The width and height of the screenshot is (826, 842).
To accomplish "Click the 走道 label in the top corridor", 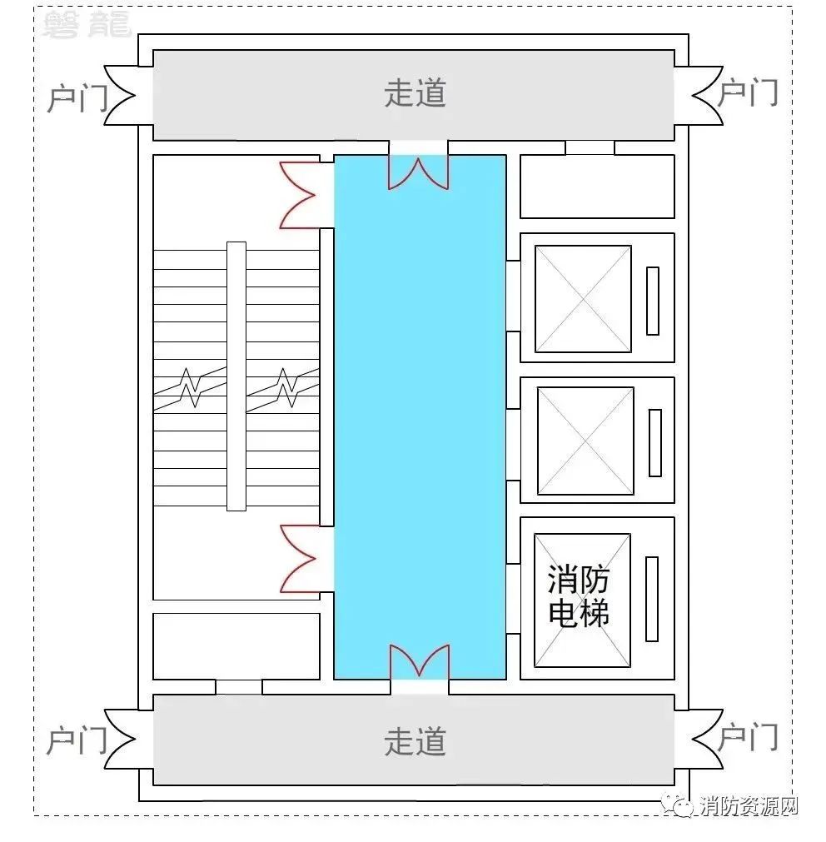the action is [415, 93].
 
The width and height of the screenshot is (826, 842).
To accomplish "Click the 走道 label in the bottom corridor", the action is [415, 741].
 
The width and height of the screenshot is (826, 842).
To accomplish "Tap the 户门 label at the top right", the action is [748, 92].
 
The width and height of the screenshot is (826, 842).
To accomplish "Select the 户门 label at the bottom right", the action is [748, 737].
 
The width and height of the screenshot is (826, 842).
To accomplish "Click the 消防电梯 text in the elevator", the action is [578, 595].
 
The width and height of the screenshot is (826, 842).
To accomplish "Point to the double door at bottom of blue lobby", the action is [419, 661].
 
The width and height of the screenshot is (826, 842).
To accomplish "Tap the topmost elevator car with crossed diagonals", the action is [583, 298].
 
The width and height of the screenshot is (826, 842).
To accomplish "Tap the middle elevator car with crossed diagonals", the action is [585, 441].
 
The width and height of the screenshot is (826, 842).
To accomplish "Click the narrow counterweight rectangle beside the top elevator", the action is [653, 301].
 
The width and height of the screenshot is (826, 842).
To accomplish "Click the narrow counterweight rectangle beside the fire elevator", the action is [652, 599].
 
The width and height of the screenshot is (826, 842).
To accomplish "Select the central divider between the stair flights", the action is [236, 376].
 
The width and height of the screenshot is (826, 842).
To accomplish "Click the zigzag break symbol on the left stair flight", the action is [190, 387].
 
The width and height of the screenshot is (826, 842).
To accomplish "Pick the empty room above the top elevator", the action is [597, 187].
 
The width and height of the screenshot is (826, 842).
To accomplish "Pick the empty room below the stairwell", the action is [236, 646].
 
